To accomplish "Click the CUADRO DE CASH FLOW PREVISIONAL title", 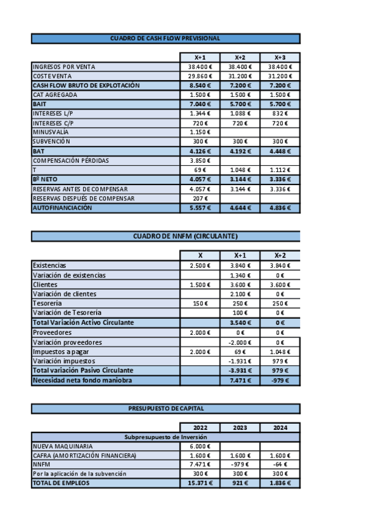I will [x=165, y=38].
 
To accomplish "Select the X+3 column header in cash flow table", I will [x=280, y=57].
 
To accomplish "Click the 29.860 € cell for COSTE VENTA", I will [x=200, y=76].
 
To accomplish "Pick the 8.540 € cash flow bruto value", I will [x=200, y=85].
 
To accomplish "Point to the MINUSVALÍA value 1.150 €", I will [x=200, y=132].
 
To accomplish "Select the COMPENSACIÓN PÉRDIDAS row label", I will [x=71, y=160].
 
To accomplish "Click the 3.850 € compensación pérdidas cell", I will [x=200, y=160].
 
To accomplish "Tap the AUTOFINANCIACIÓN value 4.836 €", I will [x=280, y=208].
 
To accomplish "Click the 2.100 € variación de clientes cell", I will [x=240, y=294].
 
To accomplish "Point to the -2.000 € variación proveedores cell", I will [x=240, y=342].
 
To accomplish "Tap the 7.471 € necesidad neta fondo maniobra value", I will [x=240, y=381].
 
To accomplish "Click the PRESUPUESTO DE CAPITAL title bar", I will [x=165, y=408].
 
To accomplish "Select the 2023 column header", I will [x=240, y=427].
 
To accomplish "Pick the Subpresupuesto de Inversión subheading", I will [x=165, y=437].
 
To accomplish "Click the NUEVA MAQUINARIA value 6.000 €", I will [x=200, y=446].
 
